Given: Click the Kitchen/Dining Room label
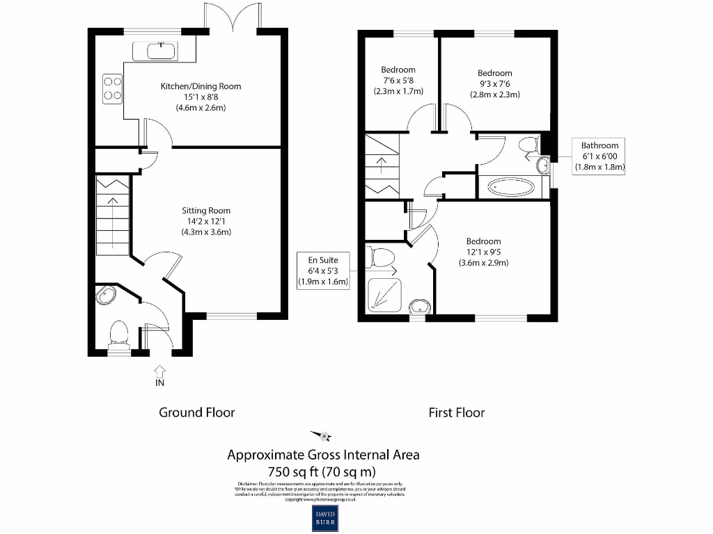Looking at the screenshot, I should pyautogui.click(x=201, y=86).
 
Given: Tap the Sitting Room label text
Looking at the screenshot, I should pyautogui.click(x=206, y=210).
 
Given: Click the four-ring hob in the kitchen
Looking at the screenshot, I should pyautogui.click(x=113, y=88).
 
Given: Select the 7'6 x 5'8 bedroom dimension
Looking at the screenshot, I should pyautogui.click(x=398, y=81).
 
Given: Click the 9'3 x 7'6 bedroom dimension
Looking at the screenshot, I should pyautogui.click(x=494, y=84).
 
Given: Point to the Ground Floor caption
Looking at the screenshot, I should pyautogui.click(x=197, y=412).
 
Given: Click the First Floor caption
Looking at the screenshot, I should pyautogui.click(x=456, y=412).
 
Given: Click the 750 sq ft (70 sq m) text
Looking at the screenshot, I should pyautogui.click(x=324, y=471).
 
